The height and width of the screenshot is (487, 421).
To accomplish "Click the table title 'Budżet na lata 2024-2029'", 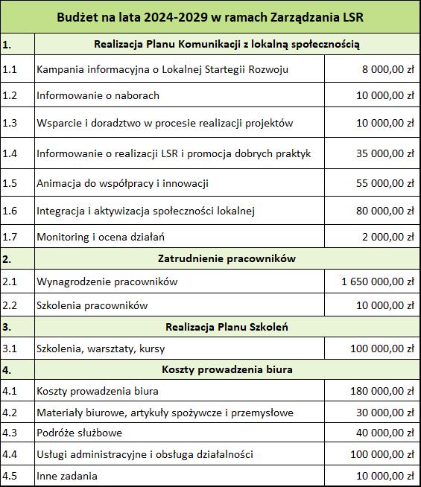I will (210, 16).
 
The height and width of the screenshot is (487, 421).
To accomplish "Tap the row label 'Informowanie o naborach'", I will (98, 95).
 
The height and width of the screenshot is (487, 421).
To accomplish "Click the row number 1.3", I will (10, 123).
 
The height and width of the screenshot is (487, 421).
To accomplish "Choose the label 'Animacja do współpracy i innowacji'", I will (122, 182).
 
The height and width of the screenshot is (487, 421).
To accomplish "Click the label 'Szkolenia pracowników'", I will (92, 305).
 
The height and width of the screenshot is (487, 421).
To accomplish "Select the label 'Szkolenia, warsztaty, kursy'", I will (101, 348).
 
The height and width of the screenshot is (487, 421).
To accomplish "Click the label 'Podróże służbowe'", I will (79, 433).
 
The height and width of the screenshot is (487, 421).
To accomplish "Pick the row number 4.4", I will (10, 454).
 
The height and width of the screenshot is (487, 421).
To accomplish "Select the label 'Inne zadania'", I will (67, 476).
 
